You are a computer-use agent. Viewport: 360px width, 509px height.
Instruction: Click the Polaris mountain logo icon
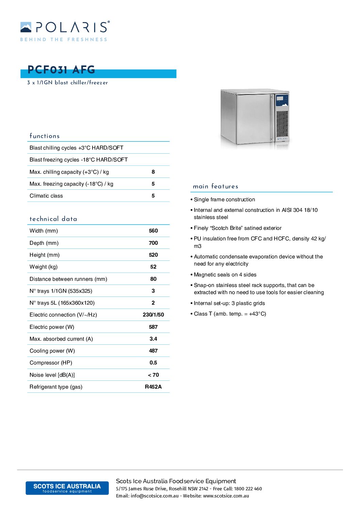click(26, 27)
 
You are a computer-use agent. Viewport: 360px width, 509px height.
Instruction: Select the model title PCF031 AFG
click(61, 70)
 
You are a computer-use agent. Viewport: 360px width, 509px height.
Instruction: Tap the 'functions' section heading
click(45, 136)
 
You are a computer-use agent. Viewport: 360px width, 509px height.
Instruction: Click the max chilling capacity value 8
click(153, 172)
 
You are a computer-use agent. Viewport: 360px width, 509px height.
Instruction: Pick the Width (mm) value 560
click(153, 231)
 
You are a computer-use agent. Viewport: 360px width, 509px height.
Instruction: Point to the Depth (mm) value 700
click(153, 243)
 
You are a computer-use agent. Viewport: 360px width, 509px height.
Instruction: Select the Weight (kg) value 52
click(153, 267)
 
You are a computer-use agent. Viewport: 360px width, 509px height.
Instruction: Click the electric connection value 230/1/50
click(153, 315)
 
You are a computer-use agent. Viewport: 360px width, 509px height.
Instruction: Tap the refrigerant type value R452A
click(153, 387)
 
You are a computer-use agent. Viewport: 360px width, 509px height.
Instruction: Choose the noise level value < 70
click(153, 375)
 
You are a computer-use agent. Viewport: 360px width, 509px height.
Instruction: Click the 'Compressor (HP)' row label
click(51, 363)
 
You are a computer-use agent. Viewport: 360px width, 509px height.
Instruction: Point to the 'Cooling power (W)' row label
click(52, 351)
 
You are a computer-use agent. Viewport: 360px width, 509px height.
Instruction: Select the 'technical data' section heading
click(53, 219)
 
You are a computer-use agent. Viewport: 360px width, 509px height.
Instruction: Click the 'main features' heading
click(215, 186)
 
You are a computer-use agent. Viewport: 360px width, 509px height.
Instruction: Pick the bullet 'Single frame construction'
click(224, 200)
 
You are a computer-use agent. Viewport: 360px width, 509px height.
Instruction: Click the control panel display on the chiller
click(280, 99)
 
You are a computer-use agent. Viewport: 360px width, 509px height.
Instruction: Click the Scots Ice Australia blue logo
click(67, 488)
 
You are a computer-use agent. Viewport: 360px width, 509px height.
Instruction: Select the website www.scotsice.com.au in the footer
click(226, 496)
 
